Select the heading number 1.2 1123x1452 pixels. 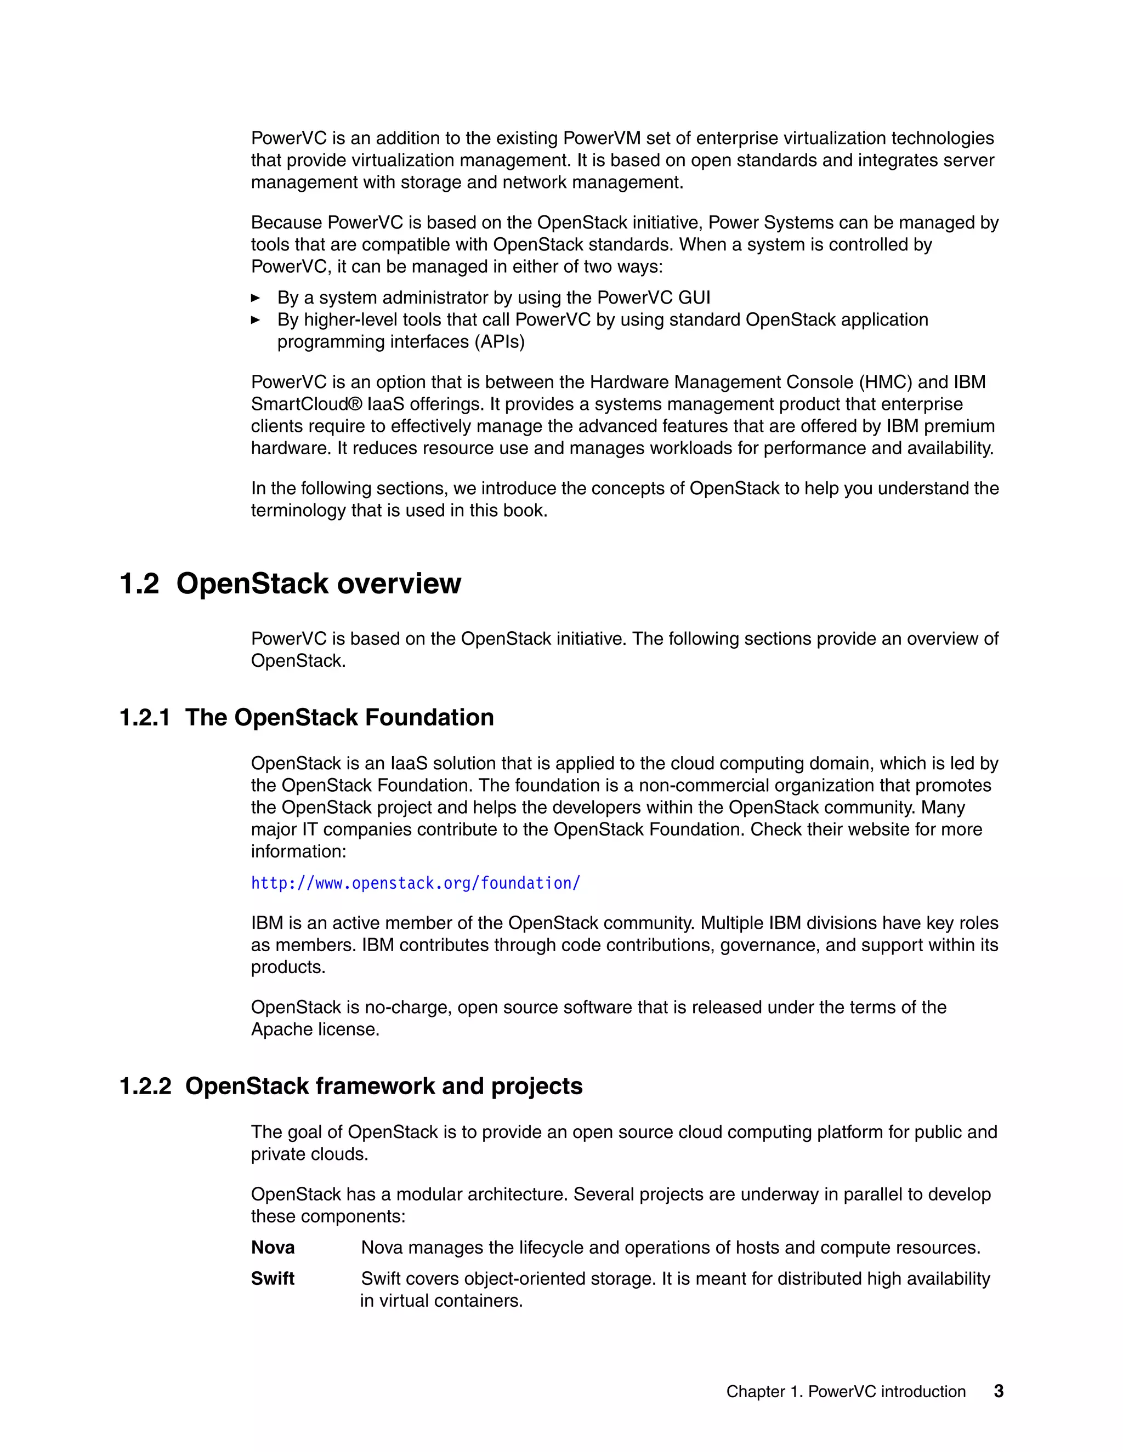[x=139, y=584]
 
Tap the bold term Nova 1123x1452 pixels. [x=273, y=1247]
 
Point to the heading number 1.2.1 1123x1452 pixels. [x=144, y=717]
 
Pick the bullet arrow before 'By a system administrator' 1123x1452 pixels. [x=256, y=298]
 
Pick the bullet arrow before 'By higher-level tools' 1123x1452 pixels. [x=256, y=320]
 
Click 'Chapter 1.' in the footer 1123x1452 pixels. [x=764, y=1392]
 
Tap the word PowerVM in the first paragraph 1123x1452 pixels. [x=602, y=138]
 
